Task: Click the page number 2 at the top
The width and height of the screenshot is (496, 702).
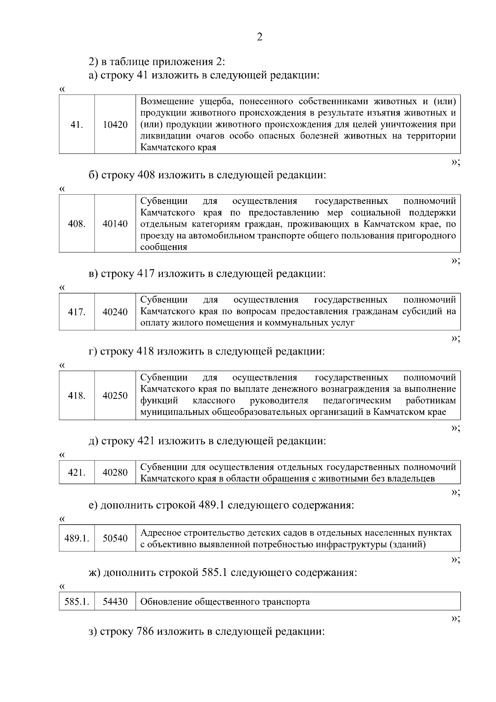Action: (x=260, y=37)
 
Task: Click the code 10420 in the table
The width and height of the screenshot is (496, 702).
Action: (x=115, y=125)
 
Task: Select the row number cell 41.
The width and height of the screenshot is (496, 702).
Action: (x=76, y=125)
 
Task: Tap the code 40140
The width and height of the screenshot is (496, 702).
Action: (x=115, y=224)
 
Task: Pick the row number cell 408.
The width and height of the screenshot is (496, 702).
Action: (x=76, y=224)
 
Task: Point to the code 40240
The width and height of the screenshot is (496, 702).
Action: (x=115, y=312)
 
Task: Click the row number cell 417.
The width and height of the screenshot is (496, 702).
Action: (x=76, y=312)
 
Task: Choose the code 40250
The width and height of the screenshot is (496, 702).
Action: (x=115, y=395)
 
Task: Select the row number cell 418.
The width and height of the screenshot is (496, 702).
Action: (x=76, y=395)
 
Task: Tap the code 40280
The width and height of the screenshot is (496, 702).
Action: (x=115, y=472)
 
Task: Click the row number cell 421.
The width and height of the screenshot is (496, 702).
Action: (x=76, y=472)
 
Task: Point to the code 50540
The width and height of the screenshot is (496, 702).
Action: (x=115, y=539)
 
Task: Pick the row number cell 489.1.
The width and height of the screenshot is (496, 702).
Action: (x=76, y=539)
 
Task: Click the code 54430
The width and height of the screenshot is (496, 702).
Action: (x=115, y=601)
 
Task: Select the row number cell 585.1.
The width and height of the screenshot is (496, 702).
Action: (x=76, y=601)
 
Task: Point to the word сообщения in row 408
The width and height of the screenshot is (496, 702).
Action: (x=164, y=247)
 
